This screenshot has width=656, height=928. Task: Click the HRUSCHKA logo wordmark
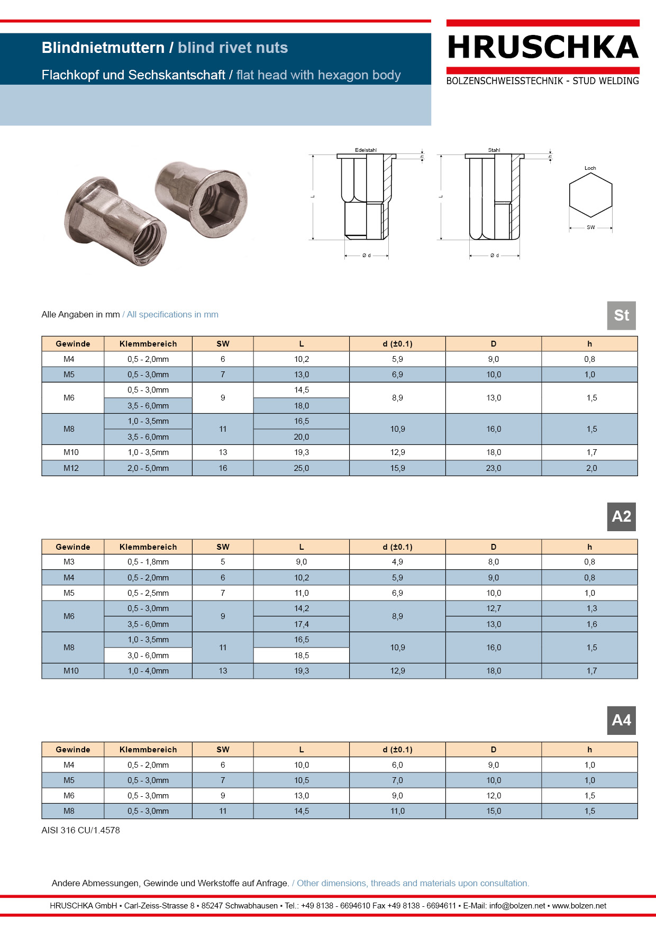point(543,48)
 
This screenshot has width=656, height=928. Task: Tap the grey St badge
point(621,315)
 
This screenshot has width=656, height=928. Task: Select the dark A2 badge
point(621,516)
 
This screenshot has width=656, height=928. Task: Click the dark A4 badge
point(621,720)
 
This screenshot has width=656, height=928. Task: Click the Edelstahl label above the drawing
point(366,150)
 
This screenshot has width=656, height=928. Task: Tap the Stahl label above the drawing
point(494,150)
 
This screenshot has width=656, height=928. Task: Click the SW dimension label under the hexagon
point(590,228)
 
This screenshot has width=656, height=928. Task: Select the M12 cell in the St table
point(71,468)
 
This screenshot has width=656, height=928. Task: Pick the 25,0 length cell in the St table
point(302,468)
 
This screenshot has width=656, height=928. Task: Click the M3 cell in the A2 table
point(69,562)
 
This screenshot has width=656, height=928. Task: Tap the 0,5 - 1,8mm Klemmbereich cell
point(148,562)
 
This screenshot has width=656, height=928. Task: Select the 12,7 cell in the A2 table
point(494,608)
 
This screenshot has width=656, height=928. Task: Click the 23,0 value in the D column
point(494,468)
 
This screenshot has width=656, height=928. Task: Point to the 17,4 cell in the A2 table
point(302,624)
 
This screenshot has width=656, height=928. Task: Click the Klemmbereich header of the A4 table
point(148,750)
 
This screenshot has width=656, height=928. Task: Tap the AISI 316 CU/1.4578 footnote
point(80,830)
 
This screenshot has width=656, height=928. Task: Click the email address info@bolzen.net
point(517,906)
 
